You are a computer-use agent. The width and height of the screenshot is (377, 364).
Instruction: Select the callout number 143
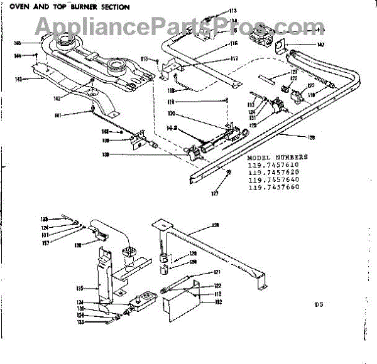(x=18, y=79)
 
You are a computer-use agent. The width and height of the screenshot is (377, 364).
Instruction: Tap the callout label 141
(x=57, y=115)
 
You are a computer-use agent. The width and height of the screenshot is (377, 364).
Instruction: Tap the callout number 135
(x=80, y=288)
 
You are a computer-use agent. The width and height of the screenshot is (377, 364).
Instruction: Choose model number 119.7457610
(x=273, y=165)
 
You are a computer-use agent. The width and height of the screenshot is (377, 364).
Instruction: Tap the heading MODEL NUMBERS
(x=278, y=157)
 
